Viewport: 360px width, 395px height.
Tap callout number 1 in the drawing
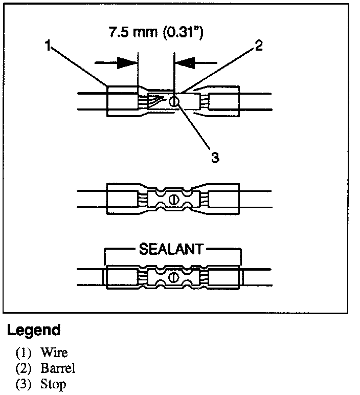tap(47, 47)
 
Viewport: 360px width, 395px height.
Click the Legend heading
tap(34, 330)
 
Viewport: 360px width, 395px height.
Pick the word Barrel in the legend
tap(59, 368)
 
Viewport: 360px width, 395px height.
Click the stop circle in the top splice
tap(174, 101)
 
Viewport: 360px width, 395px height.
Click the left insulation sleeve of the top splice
tap(122, 101)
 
